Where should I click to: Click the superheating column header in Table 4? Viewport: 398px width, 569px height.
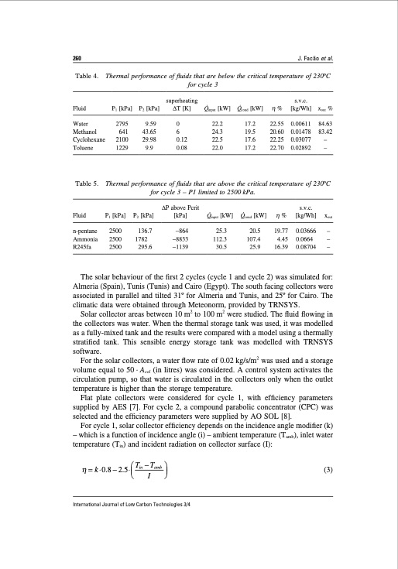click(179, 101)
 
